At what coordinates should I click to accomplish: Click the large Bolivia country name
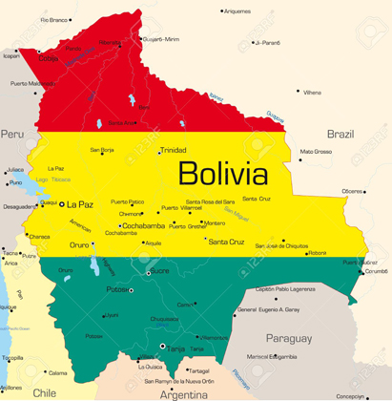point(222,174)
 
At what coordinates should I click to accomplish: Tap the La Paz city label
point(80,204)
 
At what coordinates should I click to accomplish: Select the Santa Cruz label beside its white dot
point(227,242)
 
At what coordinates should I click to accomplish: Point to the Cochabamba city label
point(144,225)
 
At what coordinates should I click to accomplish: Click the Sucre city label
point(159,270)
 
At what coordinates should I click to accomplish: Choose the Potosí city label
point(116,288)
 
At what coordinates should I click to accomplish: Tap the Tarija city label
point(177,348)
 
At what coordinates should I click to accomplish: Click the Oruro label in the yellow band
point(79,245)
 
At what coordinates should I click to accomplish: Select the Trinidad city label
point(173,151)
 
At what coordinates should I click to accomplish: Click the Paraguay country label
point(288,338)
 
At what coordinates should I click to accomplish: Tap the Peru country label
point(11,135)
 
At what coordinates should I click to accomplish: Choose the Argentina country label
point(183,392)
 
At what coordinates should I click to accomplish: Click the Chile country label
point(44,391)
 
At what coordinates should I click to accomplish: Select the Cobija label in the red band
point(49,58)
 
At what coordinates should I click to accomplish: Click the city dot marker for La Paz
point(62,204)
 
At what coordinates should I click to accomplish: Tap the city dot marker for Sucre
point(146,271)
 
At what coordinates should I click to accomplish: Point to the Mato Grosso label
point(316,151)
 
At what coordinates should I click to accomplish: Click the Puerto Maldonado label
point(32,83)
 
